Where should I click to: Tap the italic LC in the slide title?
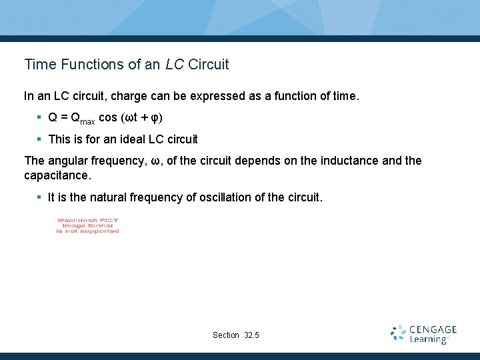(175, 65)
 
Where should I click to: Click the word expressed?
(217, 96)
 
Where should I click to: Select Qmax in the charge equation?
(83, 119)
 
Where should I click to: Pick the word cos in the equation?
(107, 118)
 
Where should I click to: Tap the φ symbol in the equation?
(154, 119)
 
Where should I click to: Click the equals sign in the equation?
(65, 118)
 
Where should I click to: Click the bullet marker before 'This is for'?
(40, 139)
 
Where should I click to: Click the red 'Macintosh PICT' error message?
(88, 226)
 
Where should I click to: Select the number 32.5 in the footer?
(252, 335)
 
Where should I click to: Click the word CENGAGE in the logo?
(433, 329)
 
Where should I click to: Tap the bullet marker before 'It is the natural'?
(40, 197)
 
